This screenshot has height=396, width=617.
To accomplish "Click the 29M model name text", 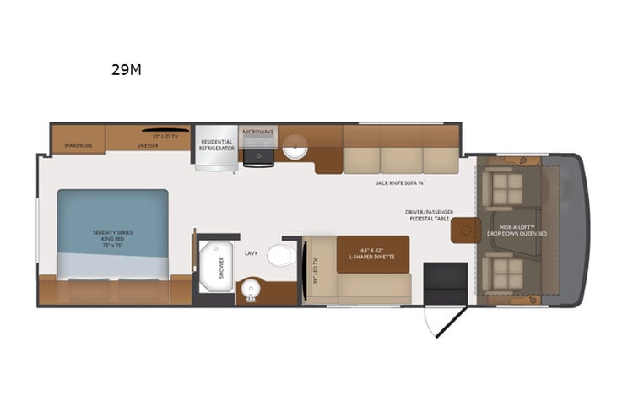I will pos(126,70).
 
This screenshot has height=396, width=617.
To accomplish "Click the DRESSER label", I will pos(148,144).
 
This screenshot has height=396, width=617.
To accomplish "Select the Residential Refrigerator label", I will pos(216,144).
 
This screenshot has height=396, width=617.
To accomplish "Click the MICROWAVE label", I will pos(259,133).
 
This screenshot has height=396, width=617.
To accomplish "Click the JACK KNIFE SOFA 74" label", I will pos(400,182).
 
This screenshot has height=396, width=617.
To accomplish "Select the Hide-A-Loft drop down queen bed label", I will pos(523,230).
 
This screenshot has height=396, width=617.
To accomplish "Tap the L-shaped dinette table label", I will pos(372,253).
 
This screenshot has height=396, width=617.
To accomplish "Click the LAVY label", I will pos(252,252).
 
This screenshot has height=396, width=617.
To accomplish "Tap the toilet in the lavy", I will pos(281,255).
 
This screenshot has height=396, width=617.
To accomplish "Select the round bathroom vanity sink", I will pos(251,290).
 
